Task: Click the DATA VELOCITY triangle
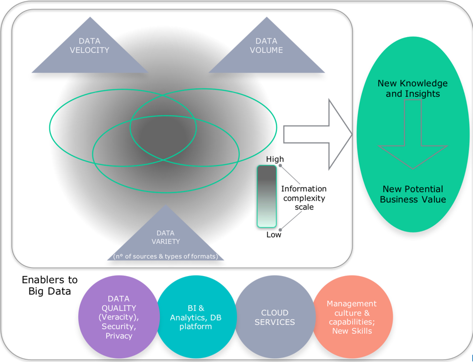click(90, 51)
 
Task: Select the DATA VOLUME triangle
click(267, 51)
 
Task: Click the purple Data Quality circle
click(119, 317)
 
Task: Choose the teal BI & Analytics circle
click(196, 317)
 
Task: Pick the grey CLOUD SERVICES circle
click(275, 317)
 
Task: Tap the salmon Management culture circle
click(352, 317)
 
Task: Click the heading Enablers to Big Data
click(50, 285)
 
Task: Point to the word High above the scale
click(275, 159)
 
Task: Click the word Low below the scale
click(273, 234)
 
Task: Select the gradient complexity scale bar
click(267, 196)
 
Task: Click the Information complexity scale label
click(304, 198)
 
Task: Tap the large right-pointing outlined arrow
click(318, 134)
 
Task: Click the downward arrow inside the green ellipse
click(413, 134)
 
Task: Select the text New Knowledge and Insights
click(413, 88)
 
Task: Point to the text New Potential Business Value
click(413, 194)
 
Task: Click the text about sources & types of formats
click(166, 256)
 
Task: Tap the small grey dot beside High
click(280, 165)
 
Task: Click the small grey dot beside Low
click(280, 230)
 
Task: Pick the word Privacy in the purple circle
click(119, 336)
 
